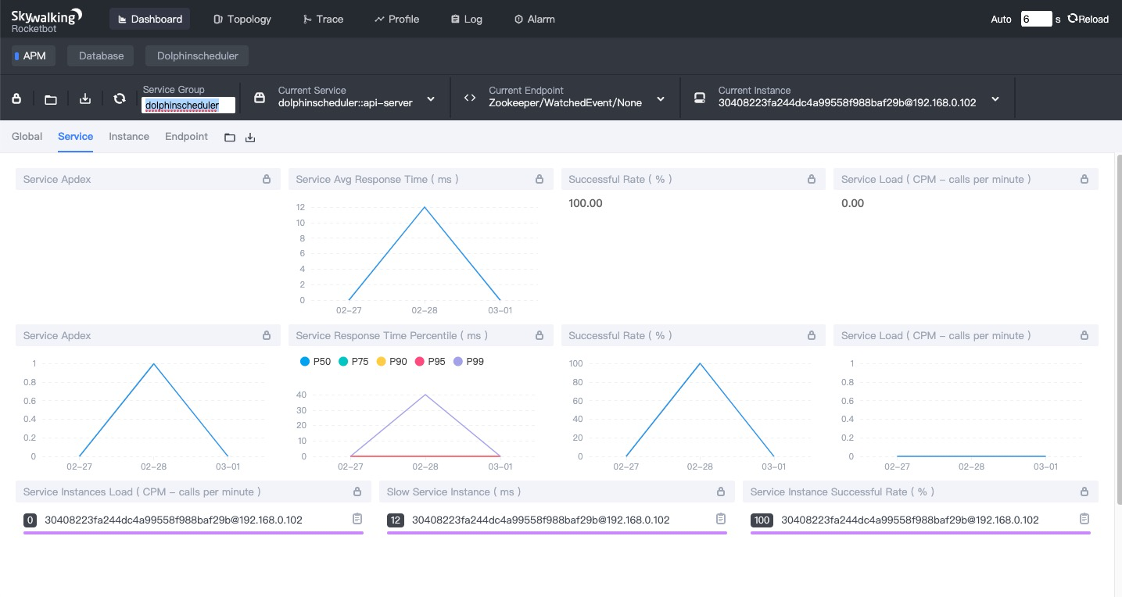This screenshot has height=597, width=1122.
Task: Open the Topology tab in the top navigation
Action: click(x=242, y=19)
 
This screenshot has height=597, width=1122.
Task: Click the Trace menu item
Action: click(x=323, y=19)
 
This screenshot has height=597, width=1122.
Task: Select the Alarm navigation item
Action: click(x=535, y=19)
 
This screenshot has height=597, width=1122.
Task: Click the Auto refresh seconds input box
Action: click(x=1036, y=19)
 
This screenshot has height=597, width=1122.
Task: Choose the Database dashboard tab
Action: click(x=101, y=55)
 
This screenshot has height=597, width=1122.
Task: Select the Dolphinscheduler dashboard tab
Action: click(x=197, y=55)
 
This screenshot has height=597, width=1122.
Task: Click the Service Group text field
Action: click(x=188, y=105)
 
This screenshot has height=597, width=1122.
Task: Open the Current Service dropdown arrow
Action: click(x=431, y=99)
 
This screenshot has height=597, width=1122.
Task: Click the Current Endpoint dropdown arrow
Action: click(x=661, y=99)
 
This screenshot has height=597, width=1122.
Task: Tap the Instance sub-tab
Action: click(x=129, y=136)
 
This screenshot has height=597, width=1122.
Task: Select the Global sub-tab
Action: click(x=27, y=136)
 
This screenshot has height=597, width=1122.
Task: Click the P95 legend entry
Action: click(x=430, y=361)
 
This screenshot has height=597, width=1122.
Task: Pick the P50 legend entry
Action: click(x=315, y=361)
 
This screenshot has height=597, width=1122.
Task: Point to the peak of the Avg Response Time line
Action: click(x=425, y=207)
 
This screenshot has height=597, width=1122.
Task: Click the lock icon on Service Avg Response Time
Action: click(x=539, y=179)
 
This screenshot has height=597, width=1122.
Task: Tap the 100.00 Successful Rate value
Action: click(x=585, y=203)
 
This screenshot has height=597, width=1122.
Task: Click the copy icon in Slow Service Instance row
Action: click(x=720, y=518)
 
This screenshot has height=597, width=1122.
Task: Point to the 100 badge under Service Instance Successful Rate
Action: click(x=762, y=520)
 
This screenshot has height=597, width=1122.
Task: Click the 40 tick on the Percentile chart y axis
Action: click(x=301, y=395)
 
